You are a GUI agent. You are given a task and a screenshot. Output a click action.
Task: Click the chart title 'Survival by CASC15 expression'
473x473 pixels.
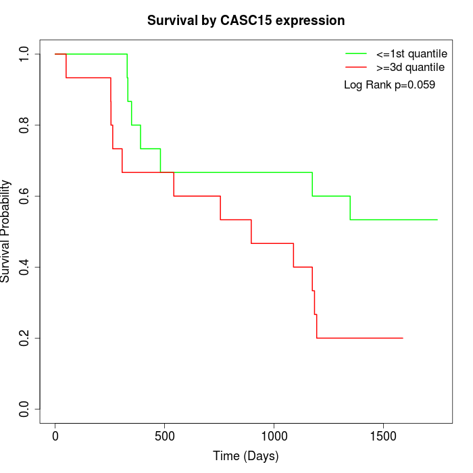tap(246, 20)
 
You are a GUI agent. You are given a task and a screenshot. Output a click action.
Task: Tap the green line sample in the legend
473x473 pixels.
tap(356, 53)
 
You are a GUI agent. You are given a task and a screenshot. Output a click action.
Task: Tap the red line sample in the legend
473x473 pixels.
tap(356, 67)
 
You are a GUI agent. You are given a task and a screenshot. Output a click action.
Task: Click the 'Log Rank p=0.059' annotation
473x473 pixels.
tap(389, 85)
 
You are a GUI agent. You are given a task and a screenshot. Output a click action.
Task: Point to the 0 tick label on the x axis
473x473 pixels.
tap(55, 437)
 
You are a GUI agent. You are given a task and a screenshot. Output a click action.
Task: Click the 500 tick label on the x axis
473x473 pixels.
tap(165, 437)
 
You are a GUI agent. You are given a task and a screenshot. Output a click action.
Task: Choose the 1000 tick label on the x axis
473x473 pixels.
tap(274, 437)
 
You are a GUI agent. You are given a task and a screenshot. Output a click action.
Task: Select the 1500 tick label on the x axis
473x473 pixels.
tap(383, 437)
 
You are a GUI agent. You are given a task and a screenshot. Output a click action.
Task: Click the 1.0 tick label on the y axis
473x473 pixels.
tap(25, 54)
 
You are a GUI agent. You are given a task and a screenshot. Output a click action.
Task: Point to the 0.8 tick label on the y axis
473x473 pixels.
tap(25, 125)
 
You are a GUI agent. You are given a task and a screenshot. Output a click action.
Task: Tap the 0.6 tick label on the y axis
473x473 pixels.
tap(25, 196)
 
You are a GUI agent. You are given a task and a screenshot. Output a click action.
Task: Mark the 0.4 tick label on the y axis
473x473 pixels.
tap(25, 267)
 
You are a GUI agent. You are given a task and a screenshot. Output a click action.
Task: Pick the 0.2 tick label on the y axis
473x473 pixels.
tap(25, 338)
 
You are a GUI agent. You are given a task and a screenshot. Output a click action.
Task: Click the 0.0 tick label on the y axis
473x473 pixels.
tap(25, 409)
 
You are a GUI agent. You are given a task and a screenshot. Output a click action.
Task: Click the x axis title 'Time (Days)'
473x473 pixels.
tap(246, 457)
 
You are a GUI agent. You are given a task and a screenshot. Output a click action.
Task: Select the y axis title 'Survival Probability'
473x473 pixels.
tap(6, 231)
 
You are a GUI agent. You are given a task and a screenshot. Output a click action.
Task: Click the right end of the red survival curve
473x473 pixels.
tap(403, 338)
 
